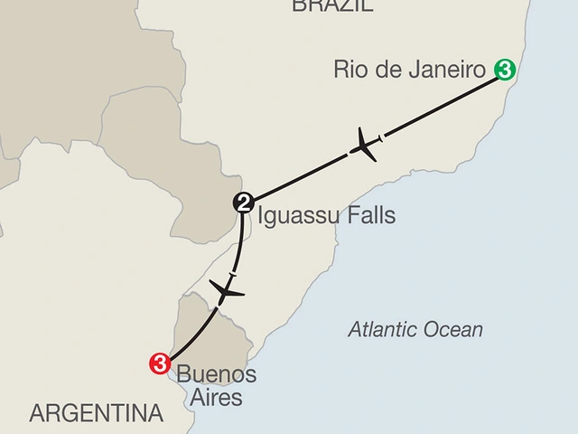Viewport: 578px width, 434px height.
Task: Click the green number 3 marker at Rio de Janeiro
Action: pos(506,69)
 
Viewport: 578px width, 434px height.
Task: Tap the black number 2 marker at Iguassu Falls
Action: pos(243,203)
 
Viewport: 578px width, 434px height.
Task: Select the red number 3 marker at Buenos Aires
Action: pos(160,363)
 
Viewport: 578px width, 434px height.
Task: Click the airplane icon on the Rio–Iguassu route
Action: pos(365,146)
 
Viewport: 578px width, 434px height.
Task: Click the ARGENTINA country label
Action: pos(96,414)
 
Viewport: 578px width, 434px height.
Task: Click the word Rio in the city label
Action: pos(350,69)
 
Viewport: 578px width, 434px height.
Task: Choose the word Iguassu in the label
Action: pos(293,217)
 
